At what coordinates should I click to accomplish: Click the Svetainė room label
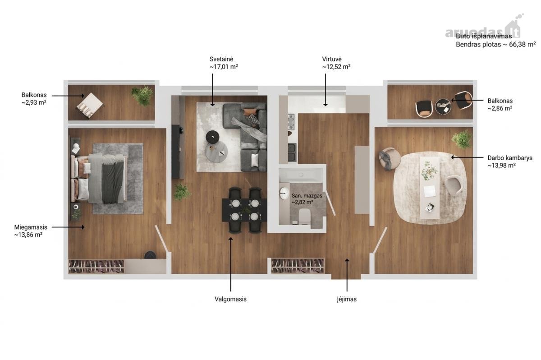click(x=221, y=59)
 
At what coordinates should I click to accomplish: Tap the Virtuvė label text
click(x=332, y=59)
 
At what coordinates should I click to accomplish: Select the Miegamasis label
click(x=31, y=227)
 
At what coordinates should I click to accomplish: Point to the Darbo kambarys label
click(x=510, y=158)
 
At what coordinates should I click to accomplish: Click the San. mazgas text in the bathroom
click(x=307, y=196)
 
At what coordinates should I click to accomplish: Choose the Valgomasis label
click(x=230, y=299)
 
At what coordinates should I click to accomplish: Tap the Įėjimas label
click(x=347, y=299)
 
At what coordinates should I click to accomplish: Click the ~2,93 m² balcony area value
click(x=34, y=102)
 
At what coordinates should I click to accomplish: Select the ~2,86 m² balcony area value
click(x=500, y=108)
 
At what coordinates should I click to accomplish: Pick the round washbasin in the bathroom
click(x=284, y=193)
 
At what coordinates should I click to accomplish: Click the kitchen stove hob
click(x=291, y=122)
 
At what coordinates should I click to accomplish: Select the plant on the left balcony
click(x=142, y=96)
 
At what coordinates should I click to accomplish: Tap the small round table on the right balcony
click(x=443, y=106)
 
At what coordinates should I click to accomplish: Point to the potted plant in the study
click(x=462, y=139)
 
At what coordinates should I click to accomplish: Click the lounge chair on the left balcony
click(x=90, y=106)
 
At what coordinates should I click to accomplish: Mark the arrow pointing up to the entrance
click(x=347, y=275)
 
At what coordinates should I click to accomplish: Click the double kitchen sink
click(x=292, y=152)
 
